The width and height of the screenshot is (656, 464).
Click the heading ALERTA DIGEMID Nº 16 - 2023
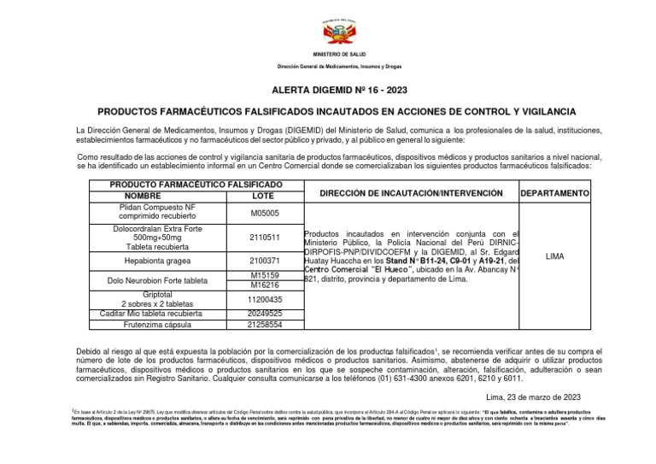pos(328,89)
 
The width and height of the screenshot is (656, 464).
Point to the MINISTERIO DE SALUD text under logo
pos(328,54)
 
